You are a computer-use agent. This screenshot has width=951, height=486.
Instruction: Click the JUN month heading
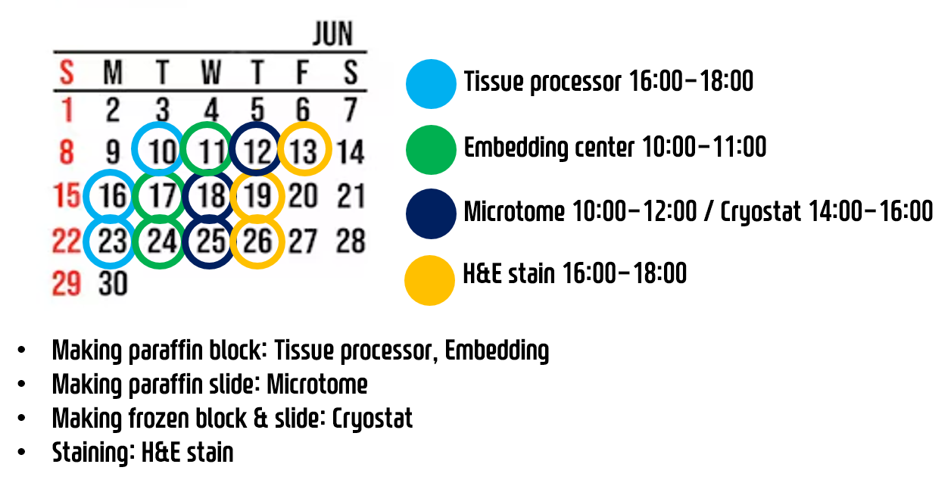pos(333,33)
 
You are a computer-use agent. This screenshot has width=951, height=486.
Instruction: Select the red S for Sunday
pos(67,73)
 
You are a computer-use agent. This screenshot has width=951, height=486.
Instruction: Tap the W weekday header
pos(211,73)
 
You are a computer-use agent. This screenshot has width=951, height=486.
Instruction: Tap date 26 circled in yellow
pos(257,241)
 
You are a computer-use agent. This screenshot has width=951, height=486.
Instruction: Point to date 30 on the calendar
pos(113,283)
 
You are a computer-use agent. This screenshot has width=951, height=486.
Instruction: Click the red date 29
pos(66,283)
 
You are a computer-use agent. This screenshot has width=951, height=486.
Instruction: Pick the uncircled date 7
pos(351,109)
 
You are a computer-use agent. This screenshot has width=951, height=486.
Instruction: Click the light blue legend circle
pos(431,84)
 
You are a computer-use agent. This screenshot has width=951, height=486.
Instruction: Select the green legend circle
pos(431,150)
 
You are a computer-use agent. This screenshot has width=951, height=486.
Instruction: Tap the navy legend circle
pos(431,213)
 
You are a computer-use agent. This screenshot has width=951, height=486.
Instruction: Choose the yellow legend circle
pos(429,280)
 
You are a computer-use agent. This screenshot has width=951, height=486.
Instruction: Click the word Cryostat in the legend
pos(761,212)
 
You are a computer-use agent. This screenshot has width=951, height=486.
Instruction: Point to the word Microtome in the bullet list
pos(317,385)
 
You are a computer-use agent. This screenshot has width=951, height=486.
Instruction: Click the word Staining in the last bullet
pos(93,453)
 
